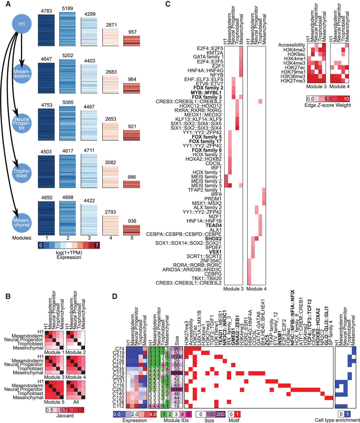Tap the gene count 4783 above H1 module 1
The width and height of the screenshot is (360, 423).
pos(47,12)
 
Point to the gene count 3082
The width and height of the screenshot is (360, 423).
pos(109,162)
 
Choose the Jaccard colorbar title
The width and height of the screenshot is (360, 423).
pos(64,415)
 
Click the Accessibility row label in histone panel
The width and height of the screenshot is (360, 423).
pos(292,45)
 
